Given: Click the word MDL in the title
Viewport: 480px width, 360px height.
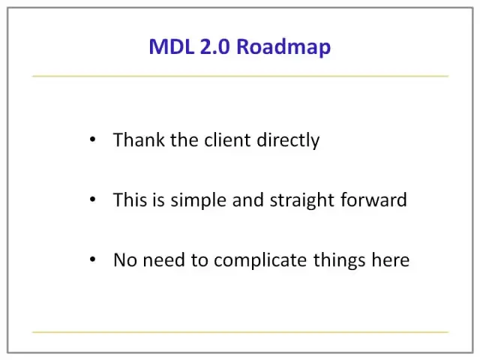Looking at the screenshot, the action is pos(172,46).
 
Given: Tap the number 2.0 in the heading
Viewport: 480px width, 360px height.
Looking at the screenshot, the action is pos(214,46).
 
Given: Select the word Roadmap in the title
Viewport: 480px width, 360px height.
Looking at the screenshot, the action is pos(283,47).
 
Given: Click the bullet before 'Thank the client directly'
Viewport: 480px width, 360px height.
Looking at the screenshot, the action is pos(93,139).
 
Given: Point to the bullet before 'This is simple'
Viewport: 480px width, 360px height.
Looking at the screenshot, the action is pos(93,199).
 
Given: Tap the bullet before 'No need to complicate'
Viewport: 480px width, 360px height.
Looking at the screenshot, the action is pos(93,259).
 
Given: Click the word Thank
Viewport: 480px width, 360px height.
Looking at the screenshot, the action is pos(139,140).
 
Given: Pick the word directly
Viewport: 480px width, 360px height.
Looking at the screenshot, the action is pos(288,142).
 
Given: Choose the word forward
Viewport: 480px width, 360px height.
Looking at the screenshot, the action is pos(373,200).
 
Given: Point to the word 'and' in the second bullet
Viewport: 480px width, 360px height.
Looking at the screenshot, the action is pos(248,200).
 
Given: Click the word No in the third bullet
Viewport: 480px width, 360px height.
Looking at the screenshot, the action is pos(125,260).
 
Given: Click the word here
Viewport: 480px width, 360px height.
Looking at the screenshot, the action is pos(391,260).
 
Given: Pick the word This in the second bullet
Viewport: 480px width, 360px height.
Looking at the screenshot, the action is pos(130,200).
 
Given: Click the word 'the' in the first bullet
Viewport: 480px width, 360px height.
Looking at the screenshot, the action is pos(184,140).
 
